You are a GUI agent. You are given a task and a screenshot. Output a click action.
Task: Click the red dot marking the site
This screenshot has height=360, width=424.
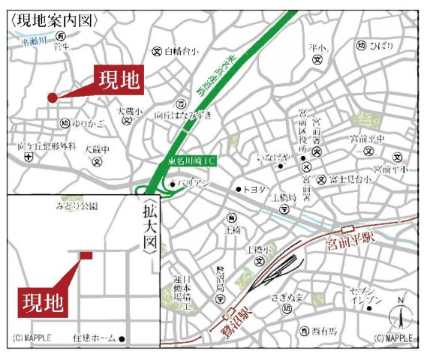click(52, 97)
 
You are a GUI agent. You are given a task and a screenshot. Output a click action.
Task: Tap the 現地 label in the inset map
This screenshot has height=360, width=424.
click(42, 303)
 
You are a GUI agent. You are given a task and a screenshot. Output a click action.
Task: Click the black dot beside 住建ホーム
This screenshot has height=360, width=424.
click(122, 339)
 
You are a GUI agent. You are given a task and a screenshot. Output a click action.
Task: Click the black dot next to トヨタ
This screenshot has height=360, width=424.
click(239, 189)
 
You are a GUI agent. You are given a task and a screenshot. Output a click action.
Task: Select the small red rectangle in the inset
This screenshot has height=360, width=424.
click(86, 256)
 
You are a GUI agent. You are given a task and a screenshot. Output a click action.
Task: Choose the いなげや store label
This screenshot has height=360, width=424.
click(273, 157)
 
